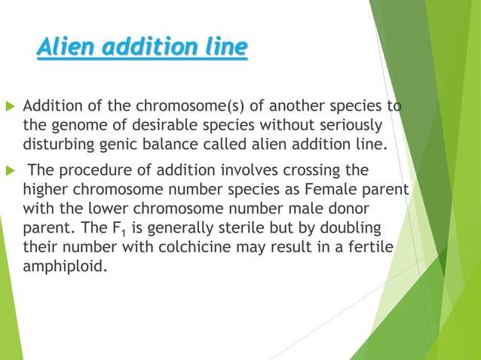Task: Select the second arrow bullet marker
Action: click(x=10, y=170)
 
